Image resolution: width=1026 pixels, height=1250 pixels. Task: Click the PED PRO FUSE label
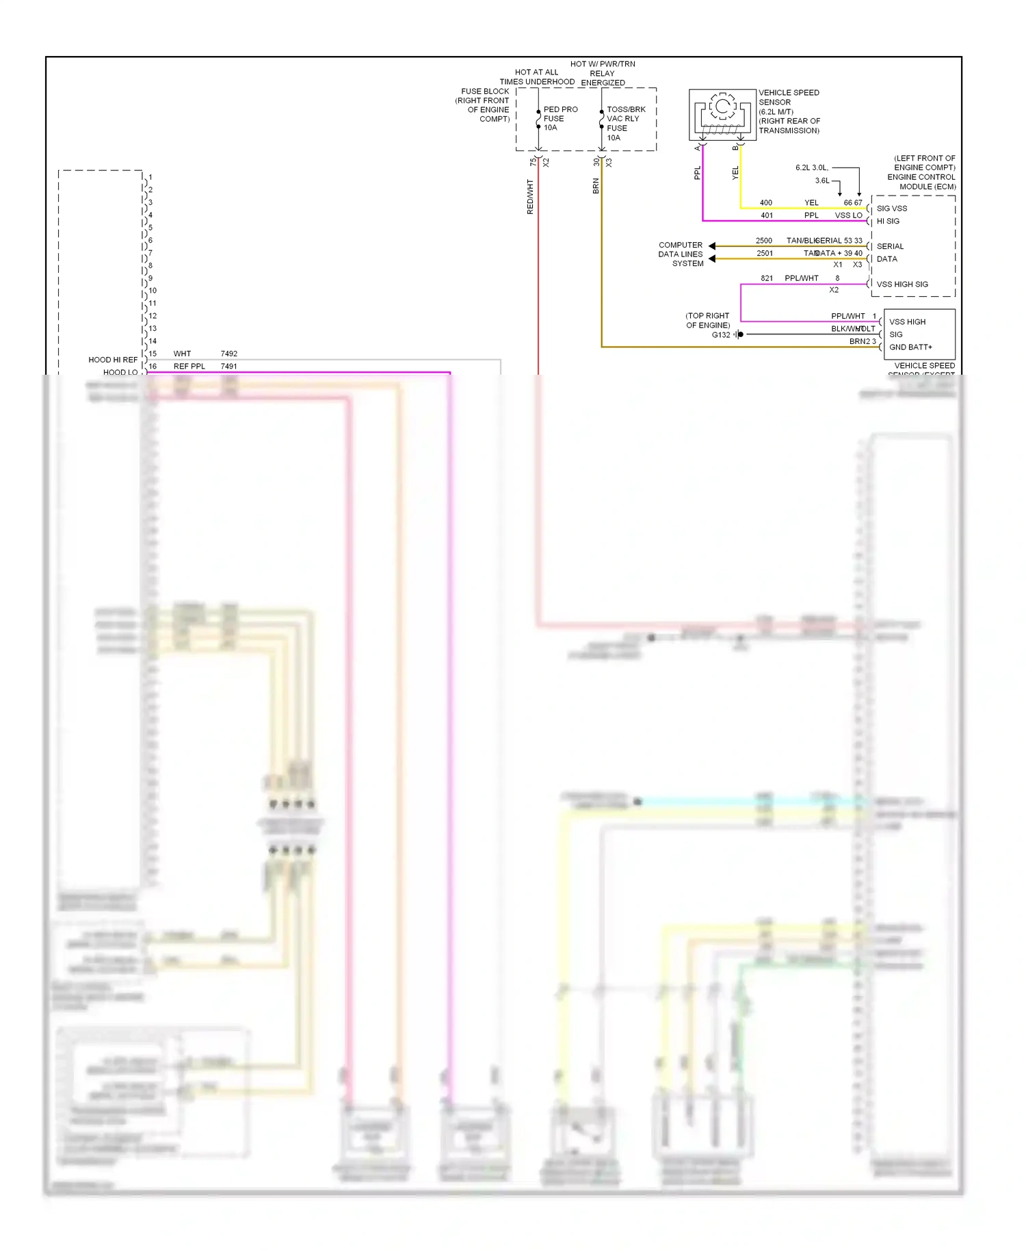(x=560, y=118)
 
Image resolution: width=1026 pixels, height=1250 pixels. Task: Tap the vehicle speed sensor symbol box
(x=722, y=114)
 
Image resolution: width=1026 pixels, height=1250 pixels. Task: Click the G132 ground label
(x=721, y=335)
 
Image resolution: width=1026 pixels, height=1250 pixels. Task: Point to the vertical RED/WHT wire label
(x=530, y=197)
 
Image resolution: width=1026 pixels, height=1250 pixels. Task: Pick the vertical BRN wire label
(x=596, y=186)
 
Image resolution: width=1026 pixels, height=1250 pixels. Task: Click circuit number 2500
(x=764, y=241)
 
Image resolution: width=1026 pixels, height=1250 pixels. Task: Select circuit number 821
(x=767, y=278)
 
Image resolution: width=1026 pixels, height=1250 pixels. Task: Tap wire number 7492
(x=229, y=354)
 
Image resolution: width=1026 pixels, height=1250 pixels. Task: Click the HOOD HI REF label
(x=113, y=360)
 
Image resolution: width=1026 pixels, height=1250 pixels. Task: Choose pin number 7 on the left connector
(x=150, y=253)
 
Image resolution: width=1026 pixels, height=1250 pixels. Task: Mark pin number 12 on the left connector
(x=153, y=316)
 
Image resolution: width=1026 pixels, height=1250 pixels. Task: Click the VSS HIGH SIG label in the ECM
(x=902, y=284)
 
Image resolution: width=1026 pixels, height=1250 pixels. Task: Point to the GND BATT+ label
(x=910, y=347)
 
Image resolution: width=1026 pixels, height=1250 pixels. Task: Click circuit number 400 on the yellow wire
(x=766, y=202)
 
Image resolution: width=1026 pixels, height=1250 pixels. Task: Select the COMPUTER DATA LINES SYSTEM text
(x=681, y=254)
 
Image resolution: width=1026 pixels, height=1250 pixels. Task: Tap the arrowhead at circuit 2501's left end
(x=712, y=258)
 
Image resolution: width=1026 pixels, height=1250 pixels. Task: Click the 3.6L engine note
(x=822, y=181)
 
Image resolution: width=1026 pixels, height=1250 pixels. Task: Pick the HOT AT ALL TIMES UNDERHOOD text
(x=537, y=77)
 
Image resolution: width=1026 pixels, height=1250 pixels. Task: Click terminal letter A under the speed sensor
(x=698, y=148)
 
